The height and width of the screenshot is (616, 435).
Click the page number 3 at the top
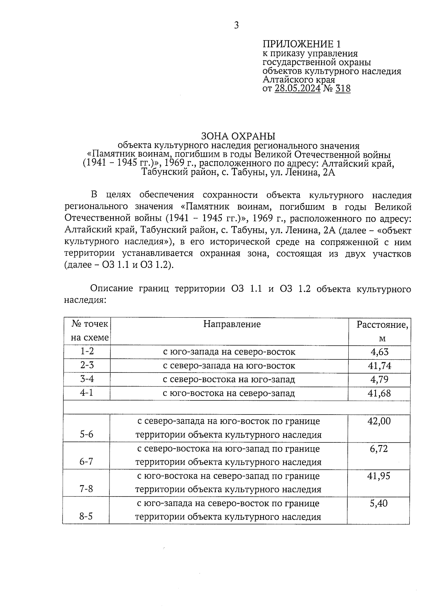click(236, 25)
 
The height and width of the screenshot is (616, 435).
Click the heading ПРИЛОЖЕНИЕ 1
click(302, 44)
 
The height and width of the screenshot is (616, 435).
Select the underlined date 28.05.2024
click(298, 88)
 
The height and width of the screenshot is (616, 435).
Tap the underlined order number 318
click(343, 88)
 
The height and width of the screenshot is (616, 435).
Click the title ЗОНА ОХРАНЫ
click(238, 136)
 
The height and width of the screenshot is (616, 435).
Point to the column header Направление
click(232, 324)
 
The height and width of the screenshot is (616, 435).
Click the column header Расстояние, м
click(382, 331)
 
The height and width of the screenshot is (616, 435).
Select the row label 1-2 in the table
click(87, 351)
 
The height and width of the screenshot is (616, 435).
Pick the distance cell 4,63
click(379, 351)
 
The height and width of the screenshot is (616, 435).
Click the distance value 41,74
click(380, 365)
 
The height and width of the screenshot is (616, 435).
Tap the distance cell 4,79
click(379, 379)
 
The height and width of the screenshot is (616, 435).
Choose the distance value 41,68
click(379, 393)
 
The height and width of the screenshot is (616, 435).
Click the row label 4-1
click(87, 393)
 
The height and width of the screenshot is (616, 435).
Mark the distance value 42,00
click(379, 421)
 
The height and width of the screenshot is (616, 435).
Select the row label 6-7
click(86, 461)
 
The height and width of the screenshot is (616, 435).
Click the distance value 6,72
click(379, 449)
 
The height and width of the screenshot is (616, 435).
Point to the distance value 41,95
click(379, 476)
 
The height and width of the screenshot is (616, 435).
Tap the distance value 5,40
click(378, 503)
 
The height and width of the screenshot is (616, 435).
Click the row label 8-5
click(86, 516)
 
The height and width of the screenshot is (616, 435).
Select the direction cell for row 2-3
click(229, 366)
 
